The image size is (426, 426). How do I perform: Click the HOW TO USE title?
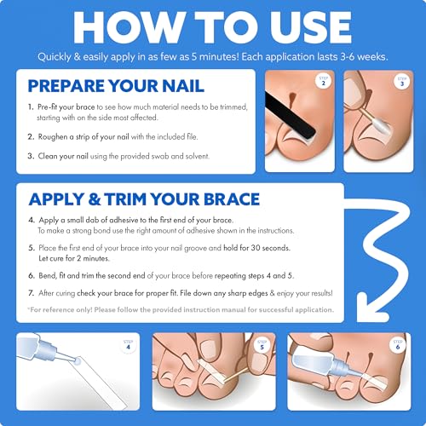point(213,27)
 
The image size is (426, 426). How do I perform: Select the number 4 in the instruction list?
point(32,221)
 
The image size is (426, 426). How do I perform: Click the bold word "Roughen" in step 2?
point(58,135)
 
